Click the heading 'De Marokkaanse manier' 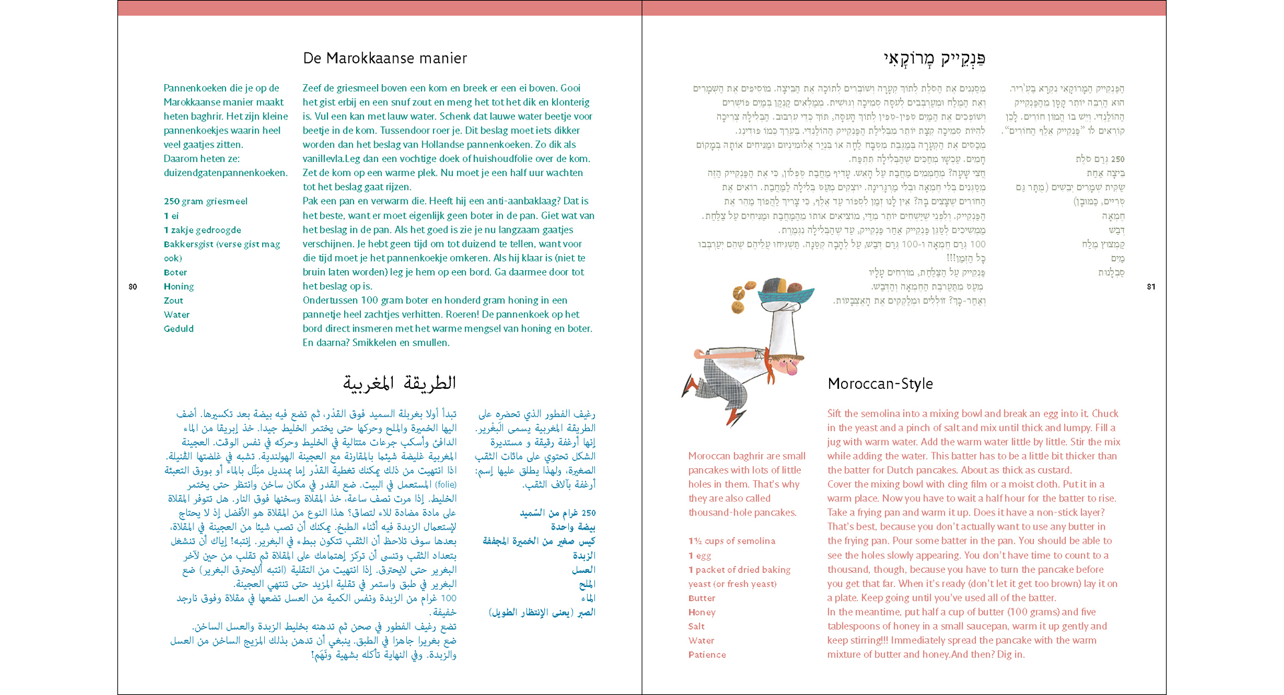pyautogui.click(x=385, y=59)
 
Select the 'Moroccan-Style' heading pyautogui.click(x=880, y=384)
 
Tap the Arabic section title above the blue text pyautogui.click(x=400, y=384)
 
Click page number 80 pyautogui.click(x=133, y=287)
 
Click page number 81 pyautogui.click(x=1151, y=287)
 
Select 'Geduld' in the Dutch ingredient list pyautogui.click(x=179, y=329)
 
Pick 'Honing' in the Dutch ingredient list pyautogui.click(x=179, y=287)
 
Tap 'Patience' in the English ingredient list pyautogui.click(x=707, y=655)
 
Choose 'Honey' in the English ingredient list pyautogui.click(x=702, y=612)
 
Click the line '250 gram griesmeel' pyautogui.click(x=205, y=201)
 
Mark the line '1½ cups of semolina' pyautogui.click(x=732, y=541)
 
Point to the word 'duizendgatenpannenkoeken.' pyautogui.click(x=225, y=173)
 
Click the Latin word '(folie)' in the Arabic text pyautogui.click(x=446, y=485)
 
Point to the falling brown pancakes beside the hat pyautogui.click(x=741, y=297)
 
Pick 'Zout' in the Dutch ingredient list pyautogui.click(x=173, y=301)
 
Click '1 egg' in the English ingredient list pyautogui.click(x=700, y=556)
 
